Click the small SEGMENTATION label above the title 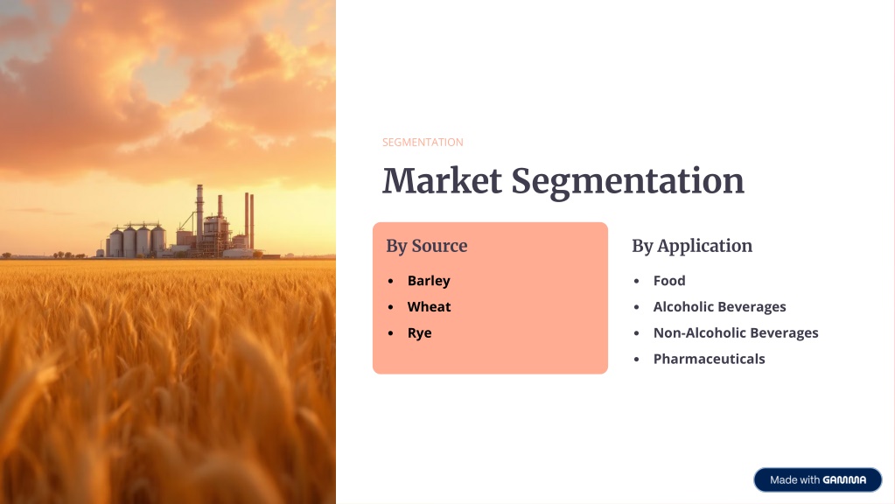(x=423, y=142)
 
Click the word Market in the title (x=443, y=181)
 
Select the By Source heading (x=427, y=246)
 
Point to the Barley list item (x=429, y=281)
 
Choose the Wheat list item (x=430, y=306)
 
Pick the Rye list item (x=420, y=333)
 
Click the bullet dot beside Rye (x=390, y=332)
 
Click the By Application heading (x=692, y=246)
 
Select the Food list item (x=669, y=280)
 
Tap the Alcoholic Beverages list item (x=720, y=307)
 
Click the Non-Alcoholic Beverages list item (x=736, y=332)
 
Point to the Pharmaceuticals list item (x=709, y=359)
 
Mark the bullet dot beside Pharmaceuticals (x=636, y=359)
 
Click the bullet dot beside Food (x=636, y=281)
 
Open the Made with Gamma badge (x=818, y=480)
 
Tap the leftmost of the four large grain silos (x=116, y=242)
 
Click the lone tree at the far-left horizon (x=7, y=255)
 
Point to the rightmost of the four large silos (x=158, y=241)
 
